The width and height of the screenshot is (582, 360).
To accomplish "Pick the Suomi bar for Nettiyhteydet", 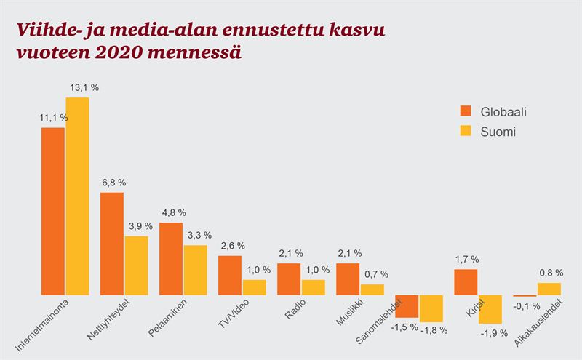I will (x=136, y=265).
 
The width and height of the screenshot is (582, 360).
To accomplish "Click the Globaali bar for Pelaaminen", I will (x=171, y=258).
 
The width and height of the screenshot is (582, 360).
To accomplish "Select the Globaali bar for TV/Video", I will (x=230, y=275).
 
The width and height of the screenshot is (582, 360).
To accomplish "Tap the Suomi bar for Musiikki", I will (x=372, y=289).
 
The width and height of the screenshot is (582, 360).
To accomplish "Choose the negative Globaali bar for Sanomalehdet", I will (x=407, y=306).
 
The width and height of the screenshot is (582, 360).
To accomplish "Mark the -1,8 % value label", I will (x=434, y=330).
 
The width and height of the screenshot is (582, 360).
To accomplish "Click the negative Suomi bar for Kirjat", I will (x=491, y=309).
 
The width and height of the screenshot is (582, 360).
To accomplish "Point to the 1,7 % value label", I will (x=466, y=258).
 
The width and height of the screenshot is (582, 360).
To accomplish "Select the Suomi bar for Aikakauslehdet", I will (x=550, y=289).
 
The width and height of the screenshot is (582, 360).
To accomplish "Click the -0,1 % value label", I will (x=522, y=305).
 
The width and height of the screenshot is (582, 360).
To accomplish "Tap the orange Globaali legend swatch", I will (x=466, y=111).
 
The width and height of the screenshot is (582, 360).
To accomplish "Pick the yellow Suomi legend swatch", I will (x=466, y=132).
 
